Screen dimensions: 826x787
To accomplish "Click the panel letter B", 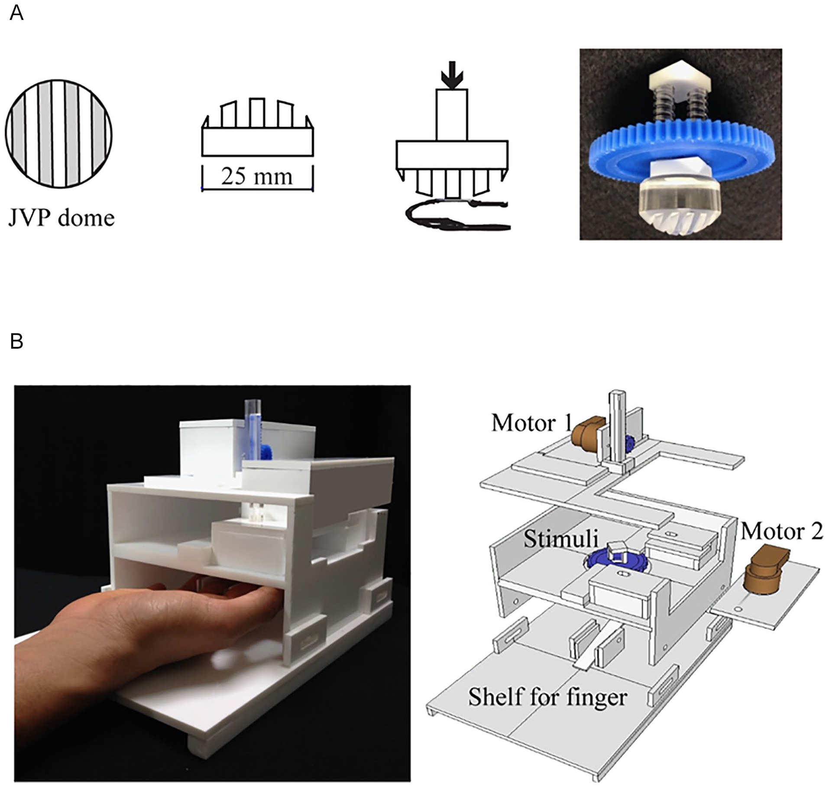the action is [16, 341].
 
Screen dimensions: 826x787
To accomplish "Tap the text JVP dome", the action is [62, 217].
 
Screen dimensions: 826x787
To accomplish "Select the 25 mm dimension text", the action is [257, 176].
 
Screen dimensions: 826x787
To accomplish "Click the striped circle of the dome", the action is [58, 133].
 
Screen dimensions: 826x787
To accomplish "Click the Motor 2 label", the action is [781, 531].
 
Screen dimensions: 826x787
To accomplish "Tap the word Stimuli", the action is [561, 539].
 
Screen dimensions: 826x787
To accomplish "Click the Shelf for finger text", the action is [547, 697].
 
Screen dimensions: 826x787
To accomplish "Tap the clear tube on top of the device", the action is [253, 428].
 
